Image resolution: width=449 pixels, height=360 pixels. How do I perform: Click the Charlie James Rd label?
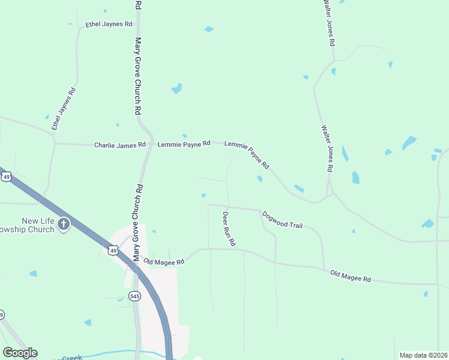click(x=120, y=145)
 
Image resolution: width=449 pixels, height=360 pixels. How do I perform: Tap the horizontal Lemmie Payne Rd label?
click(x=184, y=144)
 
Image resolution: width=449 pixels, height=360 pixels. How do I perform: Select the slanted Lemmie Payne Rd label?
click(x=247, y=154)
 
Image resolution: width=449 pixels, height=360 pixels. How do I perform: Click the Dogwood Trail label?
click(x=282, y=219)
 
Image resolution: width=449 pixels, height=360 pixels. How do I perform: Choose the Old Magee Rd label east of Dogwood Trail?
click(x=351, y=277)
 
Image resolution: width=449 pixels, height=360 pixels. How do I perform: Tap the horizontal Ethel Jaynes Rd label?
click(x=109, y=24)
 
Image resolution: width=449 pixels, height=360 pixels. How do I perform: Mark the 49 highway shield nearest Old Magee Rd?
click(x=113, y=250)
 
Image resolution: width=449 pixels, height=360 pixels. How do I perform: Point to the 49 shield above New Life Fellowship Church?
click(x=6, y=176)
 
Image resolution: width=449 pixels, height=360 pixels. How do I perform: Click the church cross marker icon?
click(x=64, y=225)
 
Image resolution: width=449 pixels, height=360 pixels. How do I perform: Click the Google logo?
click(x=20, y=353)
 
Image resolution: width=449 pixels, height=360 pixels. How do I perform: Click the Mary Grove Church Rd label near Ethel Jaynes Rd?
click(x=137, y=77)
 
